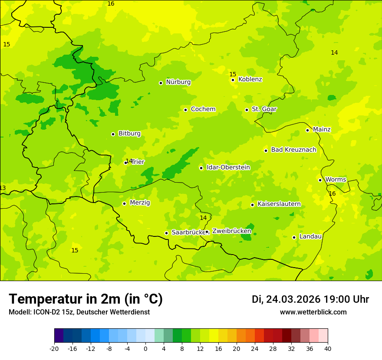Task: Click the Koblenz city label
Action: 250,79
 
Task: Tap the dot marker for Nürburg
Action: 161,83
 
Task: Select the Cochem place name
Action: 203,109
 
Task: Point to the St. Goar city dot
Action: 247,110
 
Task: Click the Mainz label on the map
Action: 322,130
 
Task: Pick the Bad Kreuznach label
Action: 293,150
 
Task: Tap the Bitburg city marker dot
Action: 113,134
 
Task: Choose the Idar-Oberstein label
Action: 228,167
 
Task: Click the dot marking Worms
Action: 320,180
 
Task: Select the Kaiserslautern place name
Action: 279,204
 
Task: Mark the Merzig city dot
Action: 124,203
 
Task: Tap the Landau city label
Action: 310,237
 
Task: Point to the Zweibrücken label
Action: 231,231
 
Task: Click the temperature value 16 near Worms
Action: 332,193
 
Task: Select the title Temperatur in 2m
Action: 86,299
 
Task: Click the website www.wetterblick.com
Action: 313,312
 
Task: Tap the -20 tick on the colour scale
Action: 54,348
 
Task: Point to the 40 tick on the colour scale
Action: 328,348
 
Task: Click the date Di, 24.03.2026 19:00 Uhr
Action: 310,299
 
